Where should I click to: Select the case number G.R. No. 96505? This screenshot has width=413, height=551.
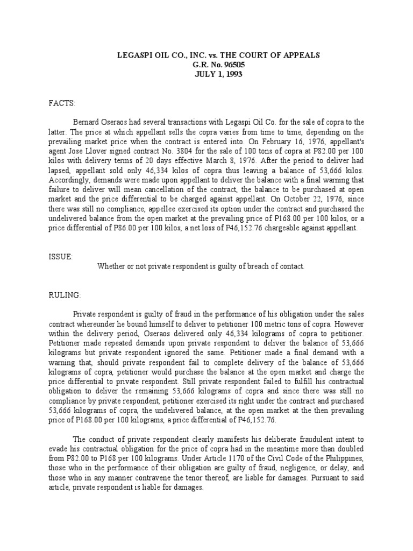point(206,65)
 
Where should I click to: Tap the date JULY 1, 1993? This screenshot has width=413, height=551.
point(206,74)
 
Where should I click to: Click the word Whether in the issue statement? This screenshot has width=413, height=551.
point(112,266)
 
